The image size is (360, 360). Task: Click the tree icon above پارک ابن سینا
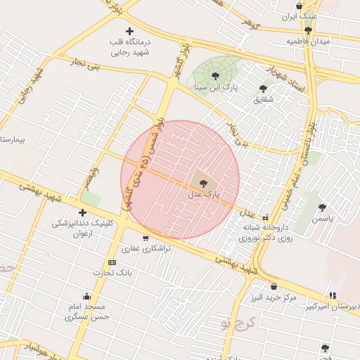(215, 76)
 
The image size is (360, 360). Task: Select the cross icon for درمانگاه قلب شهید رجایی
(129, 31)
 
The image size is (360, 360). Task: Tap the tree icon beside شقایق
(263, 89)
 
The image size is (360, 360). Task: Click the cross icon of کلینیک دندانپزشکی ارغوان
(83, 212)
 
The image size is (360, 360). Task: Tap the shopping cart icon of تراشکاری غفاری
(146, 238)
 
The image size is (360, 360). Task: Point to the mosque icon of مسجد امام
(86, 296)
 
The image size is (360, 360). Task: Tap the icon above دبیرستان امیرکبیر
(332, 295)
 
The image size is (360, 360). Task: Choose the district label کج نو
(235, 323)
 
